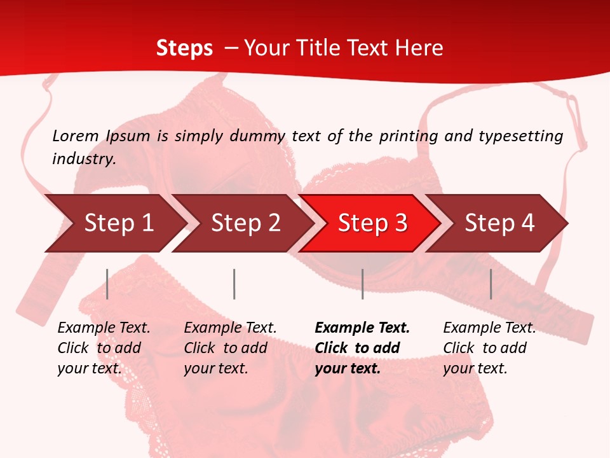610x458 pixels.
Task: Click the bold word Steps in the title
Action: (x=184, y=48)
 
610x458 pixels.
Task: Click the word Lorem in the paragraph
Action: (x=75, y=136)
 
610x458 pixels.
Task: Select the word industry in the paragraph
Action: (x=83, y=159)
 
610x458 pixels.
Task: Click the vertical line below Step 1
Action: (x=107, y=284)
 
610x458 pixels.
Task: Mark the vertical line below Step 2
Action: (x=234, y=284)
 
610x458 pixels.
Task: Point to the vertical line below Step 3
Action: (x=362, y=284)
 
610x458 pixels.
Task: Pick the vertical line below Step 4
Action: (x=491, y=284)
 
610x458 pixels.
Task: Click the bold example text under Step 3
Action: (x=362, y=348)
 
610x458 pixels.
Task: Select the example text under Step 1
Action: (x=103, y=348)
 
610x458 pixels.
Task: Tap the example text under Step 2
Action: (x=229, y=348)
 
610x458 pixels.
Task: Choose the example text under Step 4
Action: (x=489, y=348)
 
